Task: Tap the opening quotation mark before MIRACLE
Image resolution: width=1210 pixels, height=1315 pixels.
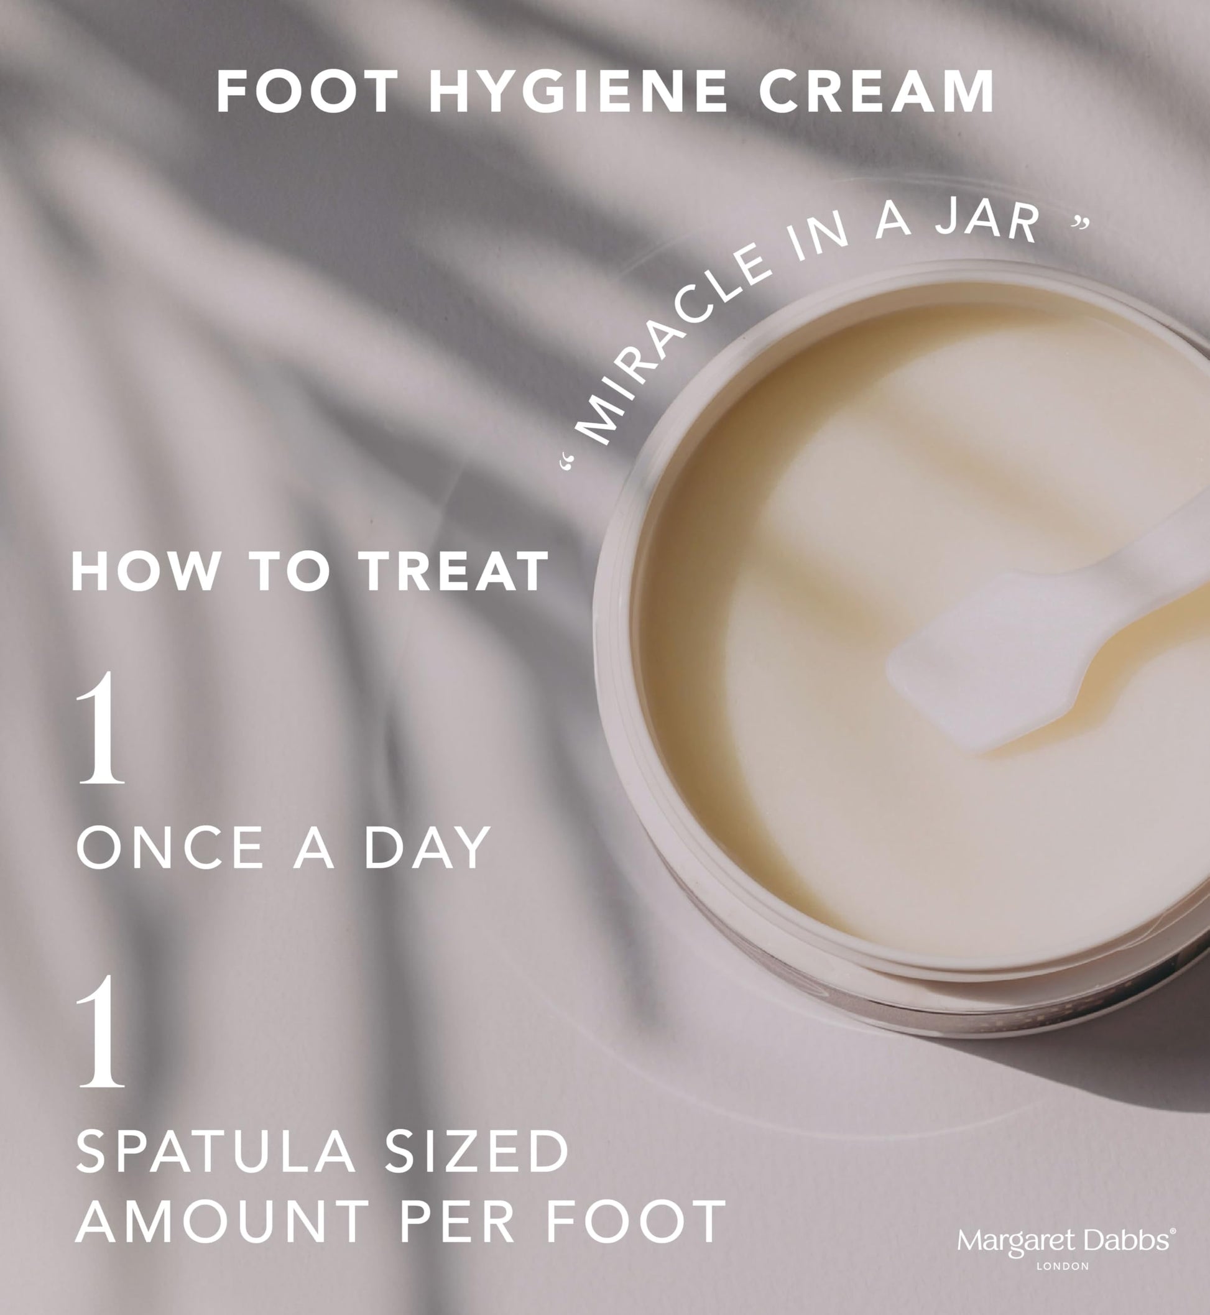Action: point(567,463)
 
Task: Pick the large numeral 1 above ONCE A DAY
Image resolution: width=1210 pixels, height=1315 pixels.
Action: point(100,728)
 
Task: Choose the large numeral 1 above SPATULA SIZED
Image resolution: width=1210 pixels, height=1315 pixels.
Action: point(100,1030)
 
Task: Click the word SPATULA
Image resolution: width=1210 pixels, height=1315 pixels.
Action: point(217,1151)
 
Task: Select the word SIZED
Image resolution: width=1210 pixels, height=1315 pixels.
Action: point(476,1151)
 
